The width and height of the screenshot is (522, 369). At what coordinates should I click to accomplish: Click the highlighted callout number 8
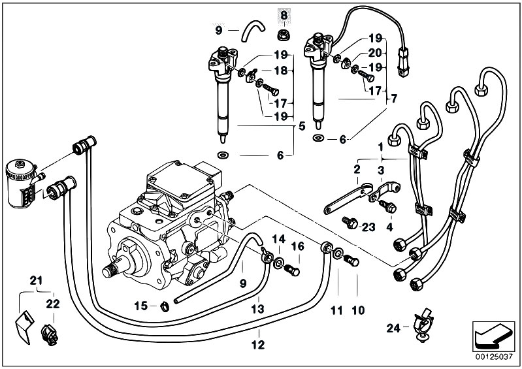[x=284, y=14]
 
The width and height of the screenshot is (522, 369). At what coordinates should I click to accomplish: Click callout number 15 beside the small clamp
[x=140, y=305]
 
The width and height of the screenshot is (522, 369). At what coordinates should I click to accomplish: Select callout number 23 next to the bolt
[x=368, y=227]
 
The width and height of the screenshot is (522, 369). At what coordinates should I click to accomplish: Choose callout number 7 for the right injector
[x=393, y=99]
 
